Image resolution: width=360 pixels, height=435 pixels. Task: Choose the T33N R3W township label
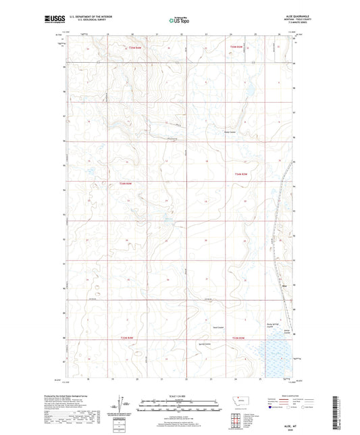coord(238,338)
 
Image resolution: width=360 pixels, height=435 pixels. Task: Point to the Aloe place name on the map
coord(284,285)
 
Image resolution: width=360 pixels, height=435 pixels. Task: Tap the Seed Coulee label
coord(220,324)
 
